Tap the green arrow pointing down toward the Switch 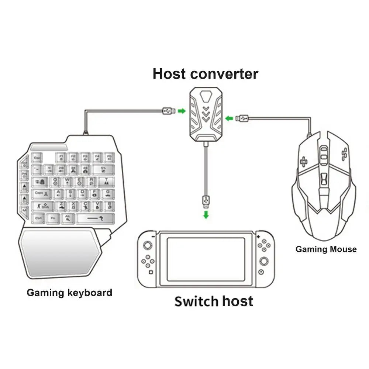206,214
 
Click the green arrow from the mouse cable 229,118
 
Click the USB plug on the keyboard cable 168,110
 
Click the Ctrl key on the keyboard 39,218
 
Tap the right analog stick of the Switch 264,261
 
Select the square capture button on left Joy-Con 150,273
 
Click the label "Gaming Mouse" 326,249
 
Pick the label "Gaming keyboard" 69,293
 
